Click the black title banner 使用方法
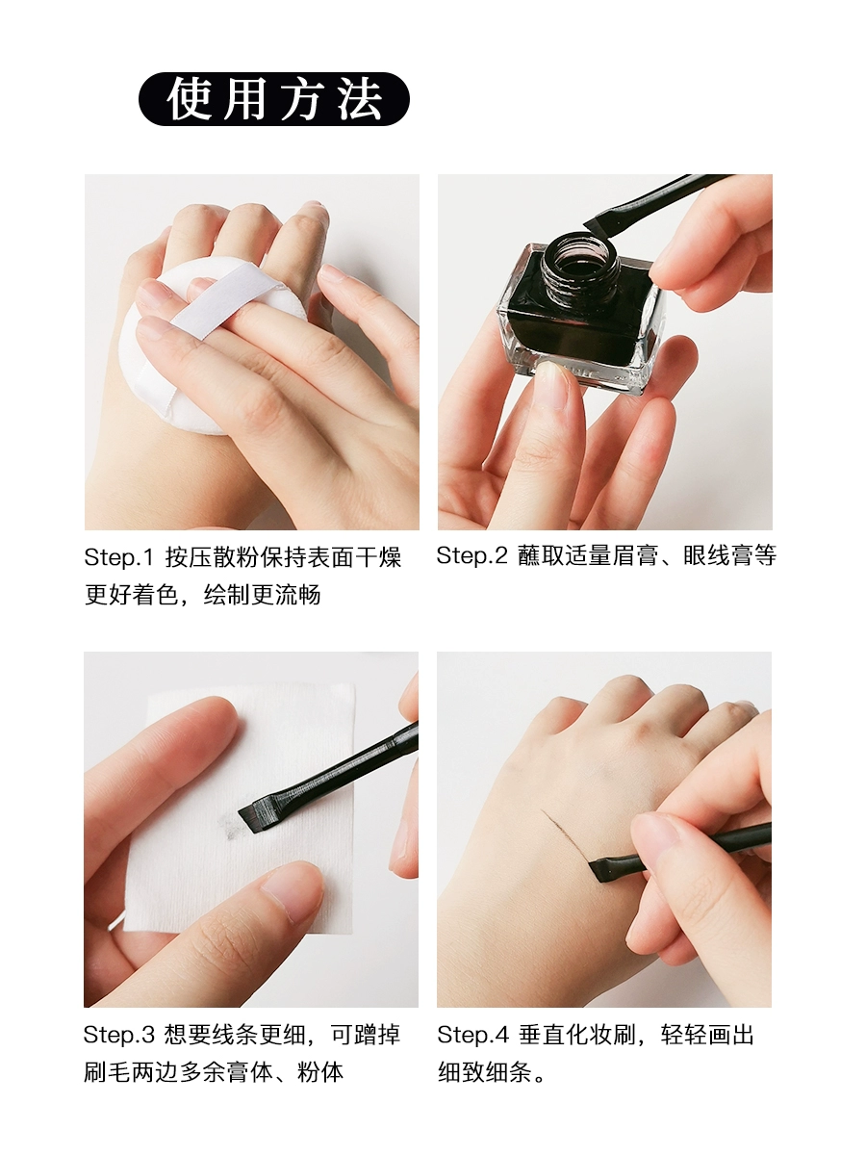274,98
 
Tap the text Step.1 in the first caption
118,557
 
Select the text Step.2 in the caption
471,555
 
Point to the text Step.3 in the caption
118,1034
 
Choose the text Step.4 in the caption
472,1034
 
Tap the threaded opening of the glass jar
581,261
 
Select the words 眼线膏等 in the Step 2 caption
729,555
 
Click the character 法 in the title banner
360,98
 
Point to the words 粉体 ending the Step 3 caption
319,1072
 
